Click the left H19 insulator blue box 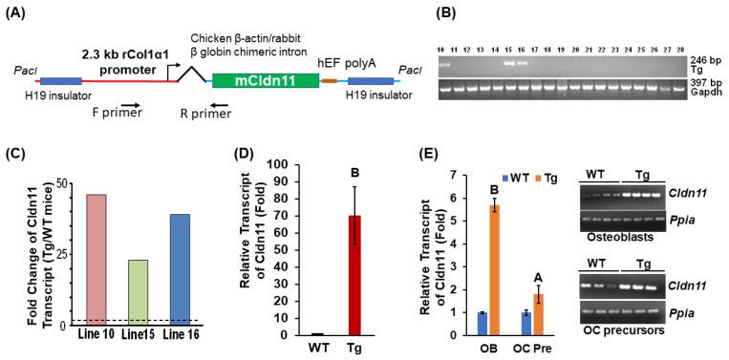tap(60, 82)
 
